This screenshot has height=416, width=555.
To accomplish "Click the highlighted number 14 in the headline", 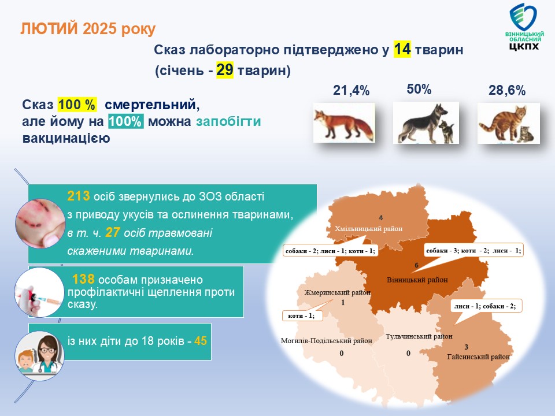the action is tap(402, 49).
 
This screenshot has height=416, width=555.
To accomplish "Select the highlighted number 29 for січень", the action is tap(225, 70).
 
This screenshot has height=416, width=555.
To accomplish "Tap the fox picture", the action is tap(344, 122).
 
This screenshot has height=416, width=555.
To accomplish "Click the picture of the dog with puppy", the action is tap(426, 122).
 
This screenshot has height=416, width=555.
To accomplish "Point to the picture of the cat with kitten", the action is tap(509, 123).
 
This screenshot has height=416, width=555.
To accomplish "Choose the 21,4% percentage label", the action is tap(351, 91).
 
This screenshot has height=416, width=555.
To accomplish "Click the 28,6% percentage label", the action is tap(507, 91).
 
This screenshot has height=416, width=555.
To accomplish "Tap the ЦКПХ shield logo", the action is tap(524, 27).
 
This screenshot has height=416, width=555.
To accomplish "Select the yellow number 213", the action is tap(79, 196).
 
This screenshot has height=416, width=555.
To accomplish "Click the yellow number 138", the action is tap(83, 279).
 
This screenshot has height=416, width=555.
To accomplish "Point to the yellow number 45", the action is tap(201, 341).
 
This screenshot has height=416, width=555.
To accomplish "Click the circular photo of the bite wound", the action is tap(40, 223).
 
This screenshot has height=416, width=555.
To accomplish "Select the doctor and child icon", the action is tap(40, 356).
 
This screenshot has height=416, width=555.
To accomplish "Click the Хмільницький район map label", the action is tap(368, 229).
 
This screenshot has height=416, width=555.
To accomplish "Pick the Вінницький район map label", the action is tap(417, 280).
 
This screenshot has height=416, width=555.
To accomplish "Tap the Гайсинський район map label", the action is tap(479, 356).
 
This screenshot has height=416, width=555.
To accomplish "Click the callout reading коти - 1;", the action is tap(302, 315).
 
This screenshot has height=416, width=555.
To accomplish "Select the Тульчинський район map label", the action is tap(419, 336).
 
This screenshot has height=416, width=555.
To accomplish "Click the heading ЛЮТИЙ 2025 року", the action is tap(88, 29).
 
